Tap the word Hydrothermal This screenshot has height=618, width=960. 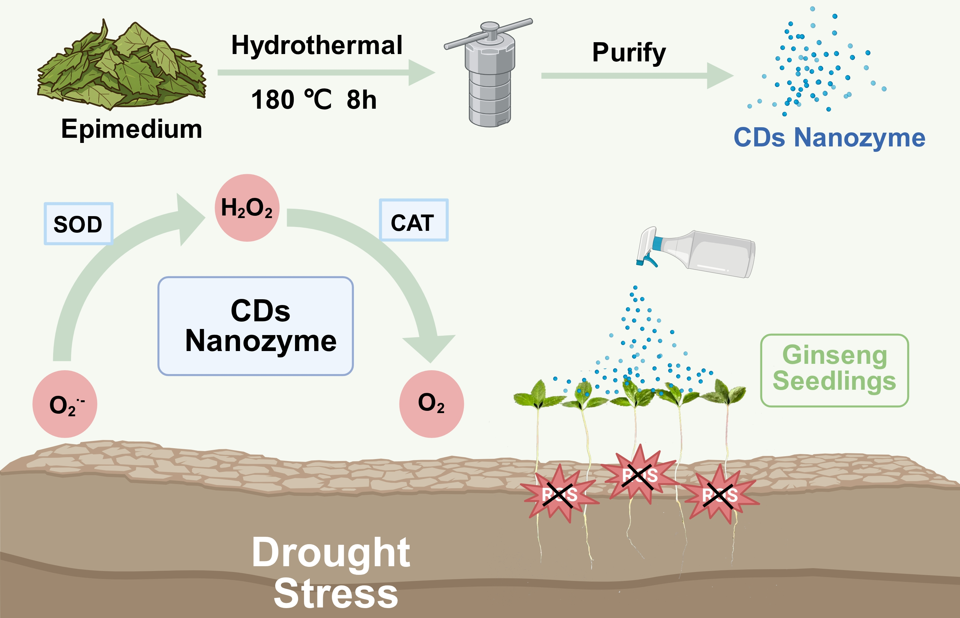(x=316, y=45)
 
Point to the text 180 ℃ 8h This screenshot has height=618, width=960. (x=314, y=99)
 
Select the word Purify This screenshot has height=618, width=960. (x=628, y=53)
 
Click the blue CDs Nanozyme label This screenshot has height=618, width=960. (x=829, y=138)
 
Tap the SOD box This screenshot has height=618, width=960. (x=78, y=223)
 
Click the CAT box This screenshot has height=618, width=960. (x=413, y=220)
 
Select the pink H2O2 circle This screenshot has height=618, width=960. (x=247, y=207)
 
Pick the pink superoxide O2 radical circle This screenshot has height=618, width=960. (x=65, y=404)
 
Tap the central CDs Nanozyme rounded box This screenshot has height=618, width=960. (x=255, y=326)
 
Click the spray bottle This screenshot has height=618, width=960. (x=707, y=253)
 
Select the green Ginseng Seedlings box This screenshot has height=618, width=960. (x=834, y=370)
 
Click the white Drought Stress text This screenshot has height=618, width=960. (x=332, y=572)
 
